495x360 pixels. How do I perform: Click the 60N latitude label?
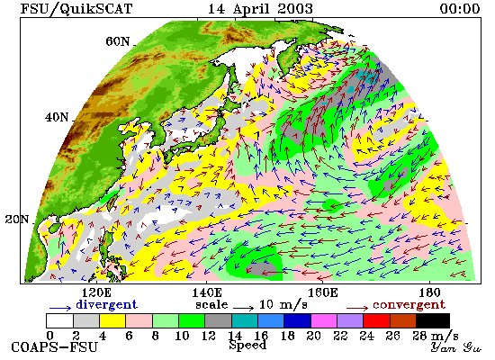[117, 41]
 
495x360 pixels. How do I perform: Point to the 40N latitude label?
[57, 118]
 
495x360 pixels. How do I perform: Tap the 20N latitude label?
[17, 220]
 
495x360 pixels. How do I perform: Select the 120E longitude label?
[96, 292]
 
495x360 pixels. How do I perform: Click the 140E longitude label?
[207, 292]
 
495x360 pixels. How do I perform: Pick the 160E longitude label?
[322, 292]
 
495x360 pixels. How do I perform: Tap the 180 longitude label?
[429, 292]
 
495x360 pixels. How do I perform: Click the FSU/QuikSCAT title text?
[76, 9]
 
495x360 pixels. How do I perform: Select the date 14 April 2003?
[260, 9]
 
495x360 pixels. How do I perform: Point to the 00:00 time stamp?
[460, 9]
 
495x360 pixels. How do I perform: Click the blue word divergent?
[106, 304]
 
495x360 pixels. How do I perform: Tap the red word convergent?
[409, 305]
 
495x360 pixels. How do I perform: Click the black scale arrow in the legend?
[243, 307]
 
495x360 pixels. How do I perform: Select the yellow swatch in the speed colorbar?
[112, 320]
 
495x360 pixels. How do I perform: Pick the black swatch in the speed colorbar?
[433, 320]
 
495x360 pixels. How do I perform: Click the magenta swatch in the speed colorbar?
[324, 320]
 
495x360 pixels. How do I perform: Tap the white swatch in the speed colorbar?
[60, 320]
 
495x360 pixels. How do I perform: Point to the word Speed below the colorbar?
[247, 345]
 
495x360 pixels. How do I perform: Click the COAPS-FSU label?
[54, 346]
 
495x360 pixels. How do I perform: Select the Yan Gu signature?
[455, 347]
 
